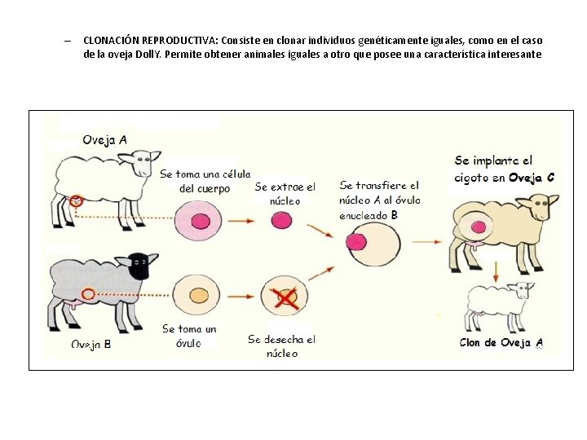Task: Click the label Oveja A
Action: click(104, 139)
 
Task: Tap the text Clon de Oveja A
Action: click(501, 343)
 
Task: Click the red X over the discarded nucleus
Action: click(285, 299)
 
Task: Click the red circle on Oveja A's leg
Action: click(76, 200)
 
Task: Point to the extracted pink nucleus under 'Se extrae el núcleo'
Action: click(281, 220)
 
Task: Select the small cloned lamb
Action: click(497, 306)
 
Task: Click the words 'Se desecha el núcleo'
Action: click(282, 345)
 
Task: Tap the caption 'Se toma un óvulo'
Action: click(189, 336)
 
